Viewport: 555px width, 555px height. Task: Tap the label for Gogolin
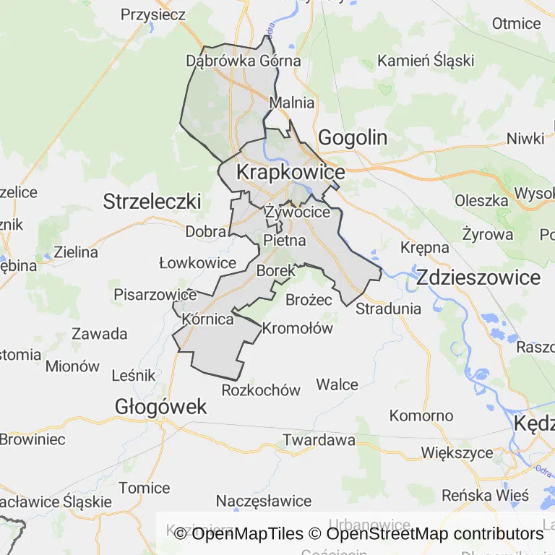coord(353,137)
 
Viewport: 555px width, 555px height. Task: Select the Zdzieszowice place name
coord(478,277)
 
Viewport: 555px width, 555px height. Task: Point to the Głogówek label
coord(160,407)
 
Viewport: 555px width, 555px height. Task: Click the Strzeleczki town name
coord(152,201)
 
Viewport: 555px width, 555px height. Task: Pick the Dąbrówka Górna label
coord(244,61)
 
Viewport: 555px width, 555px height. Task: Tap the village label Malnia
coord(292,103)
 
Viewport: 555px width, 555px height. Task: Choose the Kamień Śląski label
coord(426,60)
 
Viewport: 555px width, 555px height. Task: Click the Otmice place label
coord(516,23)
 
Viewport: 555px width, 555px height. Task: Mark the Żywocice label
coord(297,212)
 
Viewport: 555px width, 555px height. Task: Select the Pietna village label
coord(285,240)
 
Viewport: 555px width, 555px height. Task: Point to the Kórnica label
coord(208,319)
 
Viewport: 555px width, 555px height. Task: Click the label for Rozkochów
coord(261,390)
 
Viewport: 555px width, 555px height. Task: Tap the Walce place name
coord(337,384)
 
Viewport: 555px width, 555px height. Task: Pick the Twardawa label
coord(319,439)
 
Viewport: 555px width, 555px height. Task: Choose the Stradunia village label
coord(388,309)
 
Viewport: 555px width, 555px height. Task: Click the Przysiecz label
coord(153,14)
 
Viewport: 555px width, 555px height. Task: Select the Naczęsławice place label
coord(264,501)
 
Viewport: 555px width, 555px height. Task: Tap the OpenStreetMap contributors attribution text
coord(434,534)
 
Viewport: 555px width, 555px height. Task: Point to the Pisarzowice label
coord(155,295)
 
